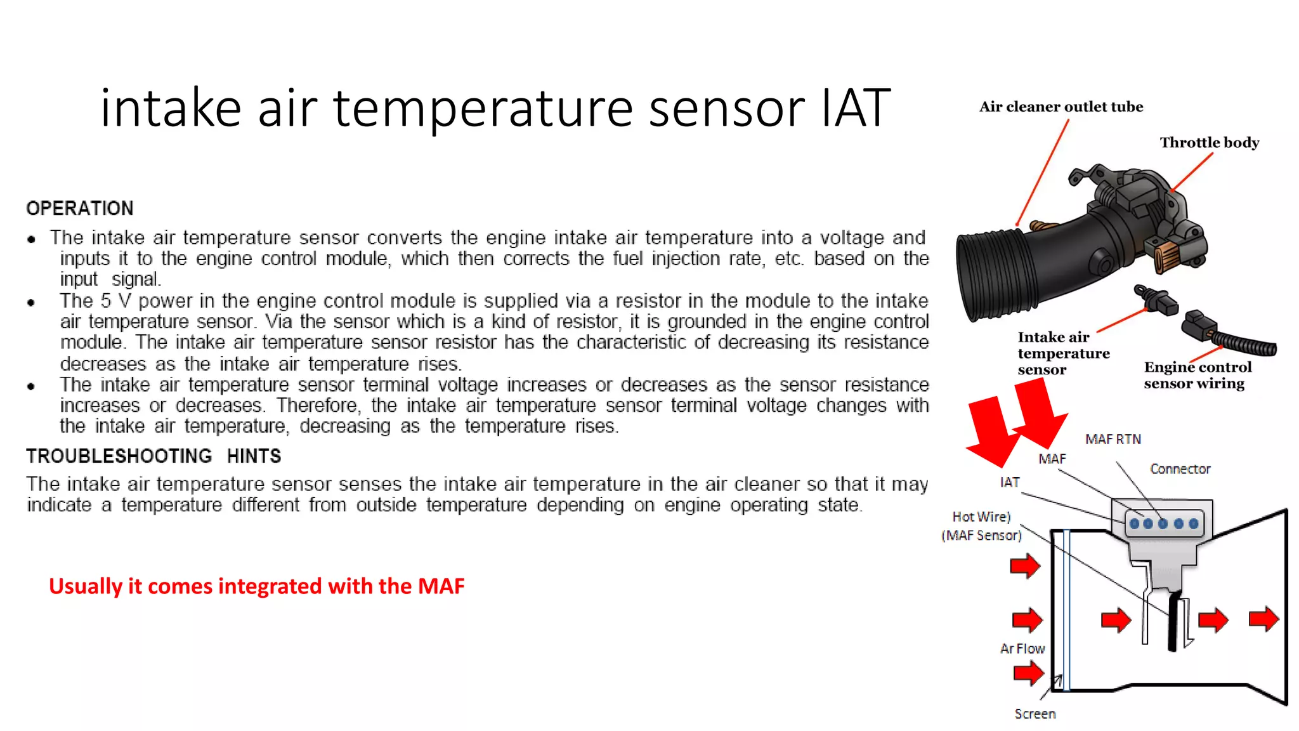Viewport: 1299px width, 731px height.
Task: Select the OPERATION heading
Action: pyautogui.click(x=80, y=208)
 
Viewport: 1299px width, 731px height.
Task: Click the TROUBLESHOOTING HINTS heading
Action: pyautogui.click(x=153, y=456)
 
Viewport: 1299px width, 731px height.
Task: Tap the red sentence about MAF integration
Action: pyautogui.click(x=257, y=586)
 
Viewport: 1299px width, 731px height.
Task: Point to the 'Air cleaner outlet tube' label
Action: pyautogui.click(x=1061, y=107)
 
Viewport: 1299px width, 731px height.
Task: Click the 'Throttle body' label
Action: pyautogui.click(x=1210, y=143)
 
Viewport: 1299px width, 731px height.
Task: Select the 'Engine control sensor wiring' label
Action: pyautogui.click(x=1198, y=375)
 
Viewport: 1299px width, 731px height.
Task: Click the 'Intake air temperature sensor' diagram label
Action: pyautogui.click(x=1063, y=353)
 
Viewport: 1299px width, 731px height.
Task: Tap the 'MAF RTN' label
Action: pyautogui.click(x=1113, y=439)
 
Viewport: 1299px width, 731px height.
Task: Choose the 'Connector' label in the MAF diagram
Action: pyautogui.click(x=1180, y=469)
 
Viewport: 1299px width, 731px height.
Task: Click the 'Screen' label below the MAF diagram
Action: pyautogui.click(x=1035, y=714)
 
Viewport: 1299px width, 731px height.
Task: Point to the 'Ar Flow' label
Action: pyautogui.click(x=1022, y=649)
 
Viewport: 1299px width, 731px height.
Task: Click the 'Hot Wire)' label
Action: pyautogui.click(x=981, y=517)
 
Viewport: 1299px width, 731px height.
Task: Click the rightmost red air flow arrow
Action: pyautogui.click(x=1263, y=619)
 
